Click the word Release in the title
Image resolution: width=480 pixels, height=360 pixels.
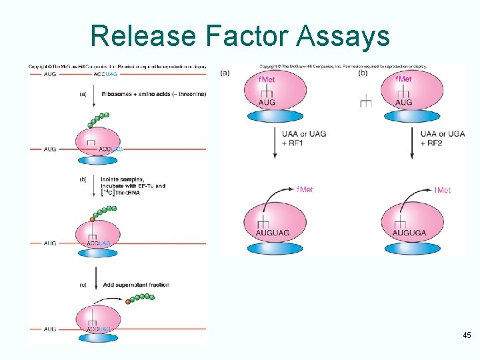pyautogui.click(x=135, y=35)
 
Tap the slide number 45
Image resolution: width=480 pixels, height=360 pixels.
pyautogui.click(x=467, y=335)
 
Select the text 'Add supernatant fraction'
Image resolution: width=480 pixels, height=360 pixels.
pyautogui.click(x=136, y=285)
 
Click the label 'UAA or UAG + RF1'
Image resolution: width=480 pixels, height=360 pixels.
pyautogui.click(x=303, y=138)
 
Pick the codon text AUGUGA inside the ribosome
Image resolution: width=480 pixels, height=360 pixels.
pyautogui.click(x=409, y=233)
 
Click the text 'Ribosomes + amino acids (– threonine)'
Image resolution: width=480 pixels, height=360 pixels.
pyautogui.click(x=154, y=94)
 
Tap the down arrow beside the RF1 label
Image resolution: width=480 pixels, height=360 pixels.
pyautogui.click(x=275, y=144)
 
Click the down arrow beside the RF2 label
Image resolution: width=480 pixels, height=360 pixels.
pyautogui.click(x=411, y=144)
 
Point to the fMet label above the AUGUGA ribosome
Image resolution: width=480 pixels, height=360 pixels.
pyautogui.click(x=442, y=190)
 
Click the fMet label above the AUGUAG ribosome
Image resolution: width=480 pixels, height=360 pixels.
pyautogui.click(x=303, y=189)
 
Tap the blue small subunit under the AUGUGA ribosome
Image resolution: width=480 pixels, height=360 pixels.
pyautogui.click(x=411, y=248)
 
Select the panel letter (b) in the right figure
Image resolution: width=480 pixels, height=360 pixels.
pyautogui.click(x=363, y=73)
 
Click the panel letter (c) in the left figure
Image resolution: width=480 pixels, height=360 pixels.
pyautogui.click(x=83, y=285)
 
